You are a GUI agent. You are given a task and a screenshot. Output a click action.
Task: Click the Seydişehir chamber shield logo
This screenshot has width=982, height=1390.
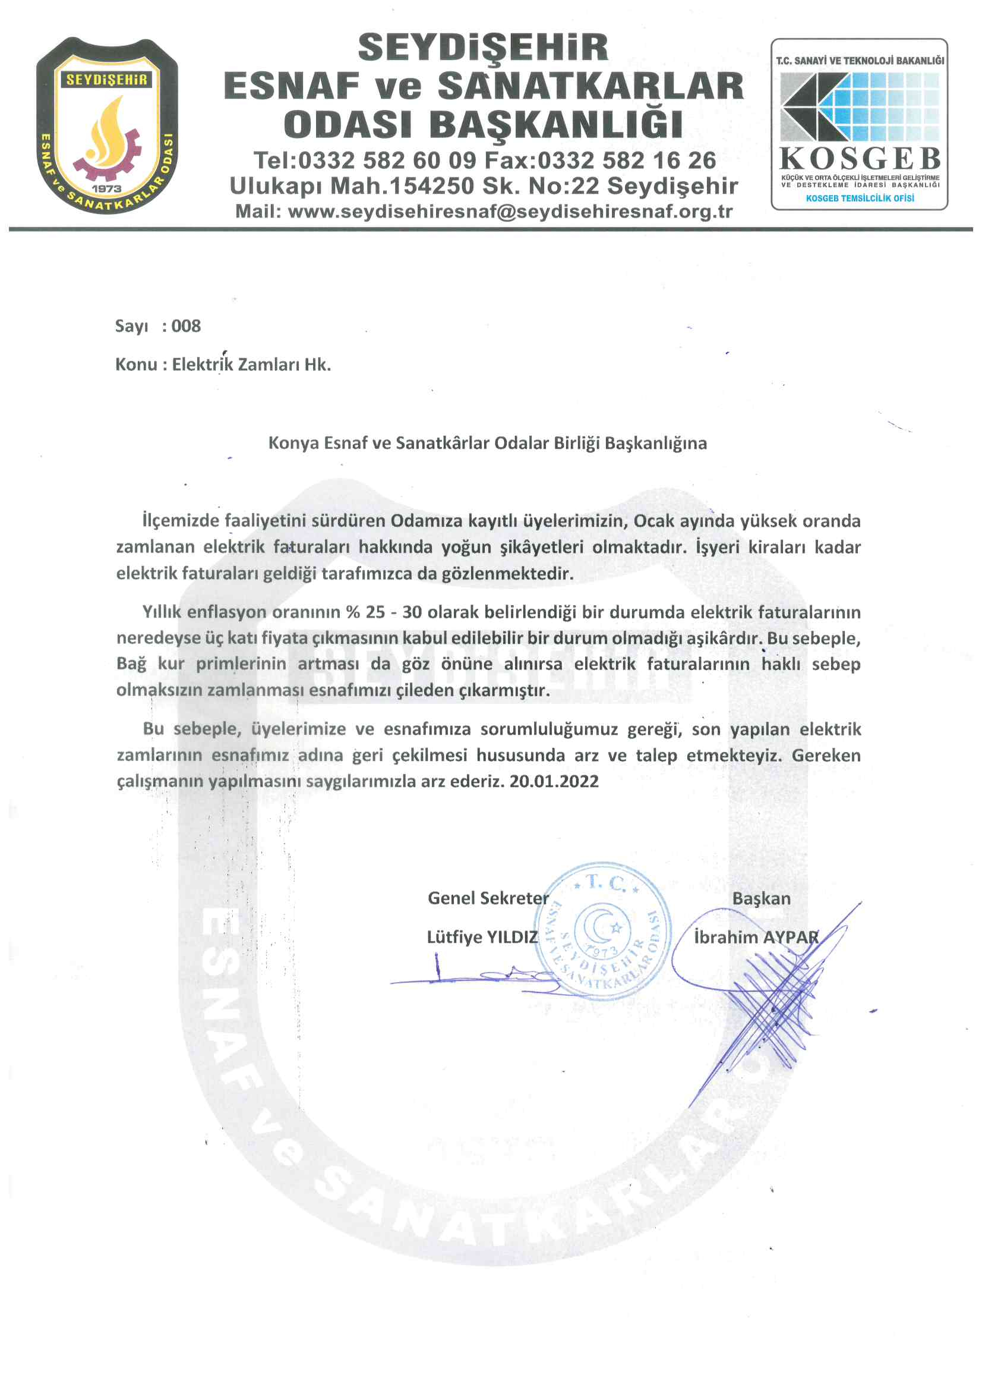106,125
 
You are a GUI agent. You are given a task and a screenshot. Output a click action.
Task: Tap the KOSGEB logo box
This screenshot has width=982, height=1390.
858,124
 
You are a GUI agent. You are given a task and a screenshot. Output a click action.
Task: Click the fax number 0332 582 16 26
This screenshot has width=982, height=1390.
626,161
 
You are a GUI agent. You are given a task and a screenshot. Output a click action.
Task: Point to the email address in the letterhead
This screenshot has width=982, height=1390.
510,211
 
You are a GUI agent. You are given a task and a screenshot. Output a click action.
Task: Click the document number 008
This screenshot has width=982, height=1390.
186,326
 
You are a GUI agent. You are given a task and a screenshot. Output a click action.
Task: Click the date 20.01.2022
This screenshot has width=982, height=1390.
554,781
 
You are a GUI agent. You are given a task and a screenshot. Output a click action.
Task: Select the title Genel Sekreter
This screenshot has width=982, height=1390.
488,898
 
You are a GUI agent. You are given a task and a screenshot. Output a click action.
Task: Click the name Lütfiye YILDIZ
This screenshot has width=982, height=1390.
482,937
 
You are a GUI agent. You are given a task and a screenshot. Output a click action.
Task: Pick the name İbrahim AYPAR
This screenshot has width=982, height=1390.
756,937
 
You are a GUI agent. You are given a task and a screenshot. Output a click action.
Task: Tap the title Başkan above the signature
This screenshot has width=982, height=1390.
761,898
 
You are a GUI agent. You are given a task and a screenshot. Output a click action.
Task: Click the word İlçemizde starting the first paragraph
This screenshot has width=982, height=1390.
181,521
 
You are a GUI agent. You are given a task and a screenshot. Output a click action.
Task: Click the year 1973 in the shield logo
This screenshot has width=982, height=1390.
106,188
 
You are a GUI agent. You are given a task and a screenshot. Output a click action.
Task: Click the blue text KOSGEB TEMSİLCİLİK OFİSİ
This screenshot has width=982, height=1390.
859,198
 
